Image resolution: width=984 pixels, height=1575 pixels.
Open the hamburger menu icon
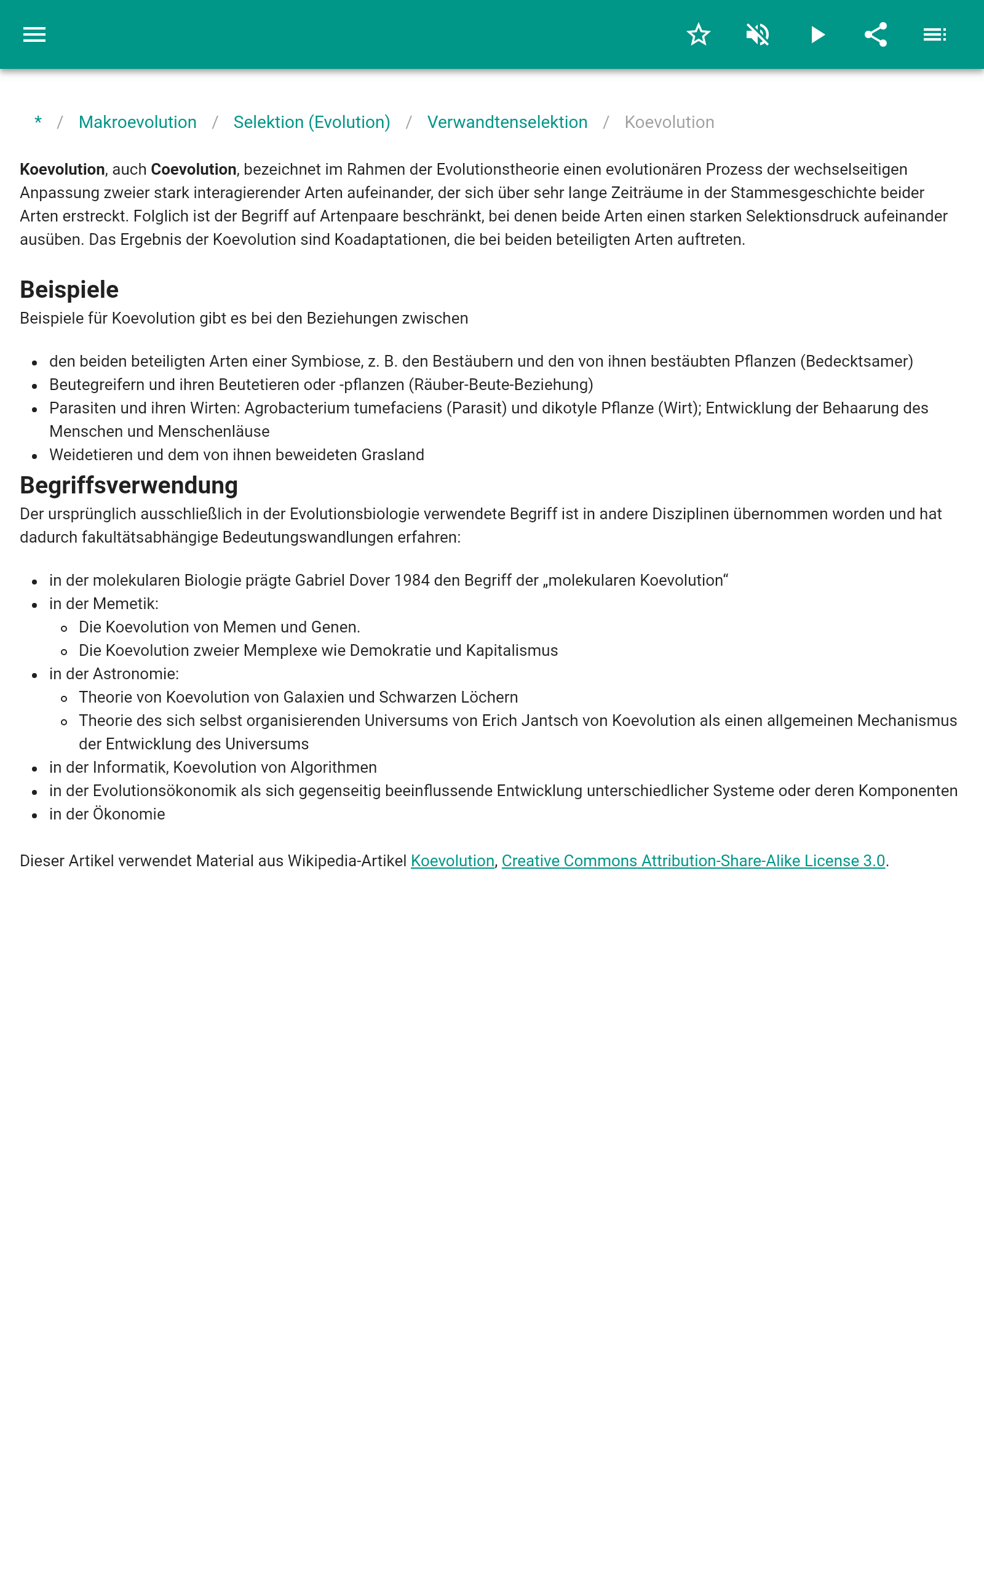(34, 34)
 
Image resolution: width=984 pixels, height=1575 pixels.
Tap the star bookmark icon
(698, 34)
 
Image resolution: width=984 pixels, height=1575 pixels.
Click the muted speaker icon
(758, 34)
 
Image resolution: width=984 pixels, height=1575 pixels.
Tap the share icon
(876, 34)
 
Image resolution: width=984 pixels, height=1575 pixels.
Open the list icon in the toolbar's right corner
(935, 34)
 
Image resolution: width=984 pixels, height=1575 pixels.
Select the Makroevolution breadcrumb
(137, 122)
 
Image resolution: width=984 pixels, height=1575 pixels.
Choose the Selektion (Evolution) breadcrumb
(312, 122)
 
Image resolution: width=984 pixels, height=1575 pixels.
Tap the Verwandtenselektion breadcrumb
(507, 122)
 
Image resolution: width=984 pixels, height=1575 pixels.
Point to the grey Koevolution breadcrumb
(669, 122)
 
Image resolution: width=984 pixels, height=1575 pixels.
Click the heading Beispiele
(69, 290)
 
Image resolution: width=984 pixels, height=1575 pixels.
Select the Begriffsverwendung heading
(129, 485)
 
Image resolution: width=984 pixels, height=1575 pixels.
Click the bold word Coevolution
(193, 170)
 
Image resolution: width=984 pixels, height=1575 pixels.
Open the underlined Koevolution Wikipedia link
(452, 861)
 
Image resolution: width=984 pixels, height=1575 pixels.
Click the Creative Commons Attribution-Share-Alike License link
(693, 861)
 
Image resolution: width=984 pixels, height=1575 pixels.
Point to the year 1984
(411, 581)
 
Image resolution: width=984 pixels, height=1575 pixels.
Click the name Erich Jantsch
(523, 721)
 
